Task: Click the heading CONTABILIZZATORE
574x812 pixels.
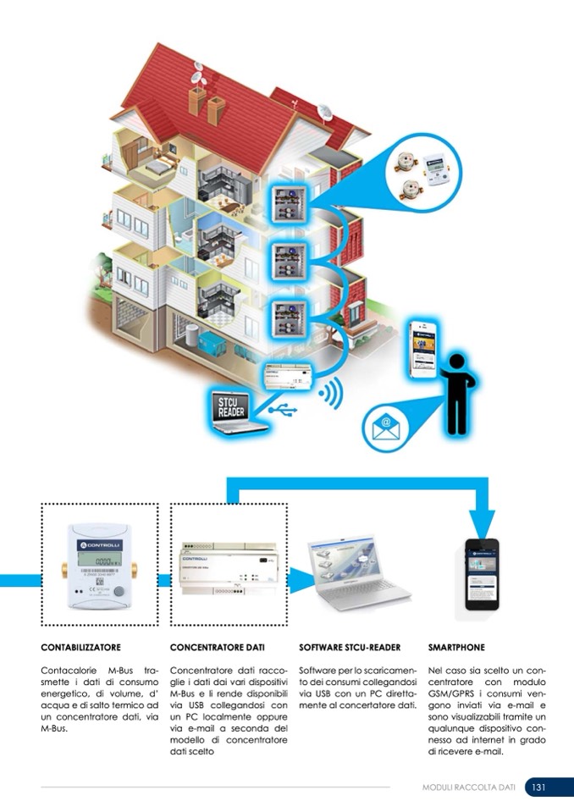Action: (80, 648)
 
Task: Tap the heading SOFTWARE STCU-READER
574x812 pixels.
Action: (350, 648)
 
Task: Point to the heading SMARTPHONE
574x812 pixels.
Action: (456, 648)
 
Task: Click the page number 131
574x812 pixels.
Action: (538, 787)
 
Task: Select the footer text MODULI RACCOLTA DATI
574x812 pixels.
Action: (468, 787)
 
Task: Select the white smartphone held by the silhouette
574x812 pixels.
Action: (423, 349)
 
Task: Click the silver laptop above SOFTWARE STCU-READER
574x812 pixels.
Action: (350, 572)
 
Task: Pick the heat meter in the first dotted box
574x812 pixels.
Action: (99, 566)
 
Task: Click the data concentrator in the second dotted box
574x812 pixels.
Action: (229, 566)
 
